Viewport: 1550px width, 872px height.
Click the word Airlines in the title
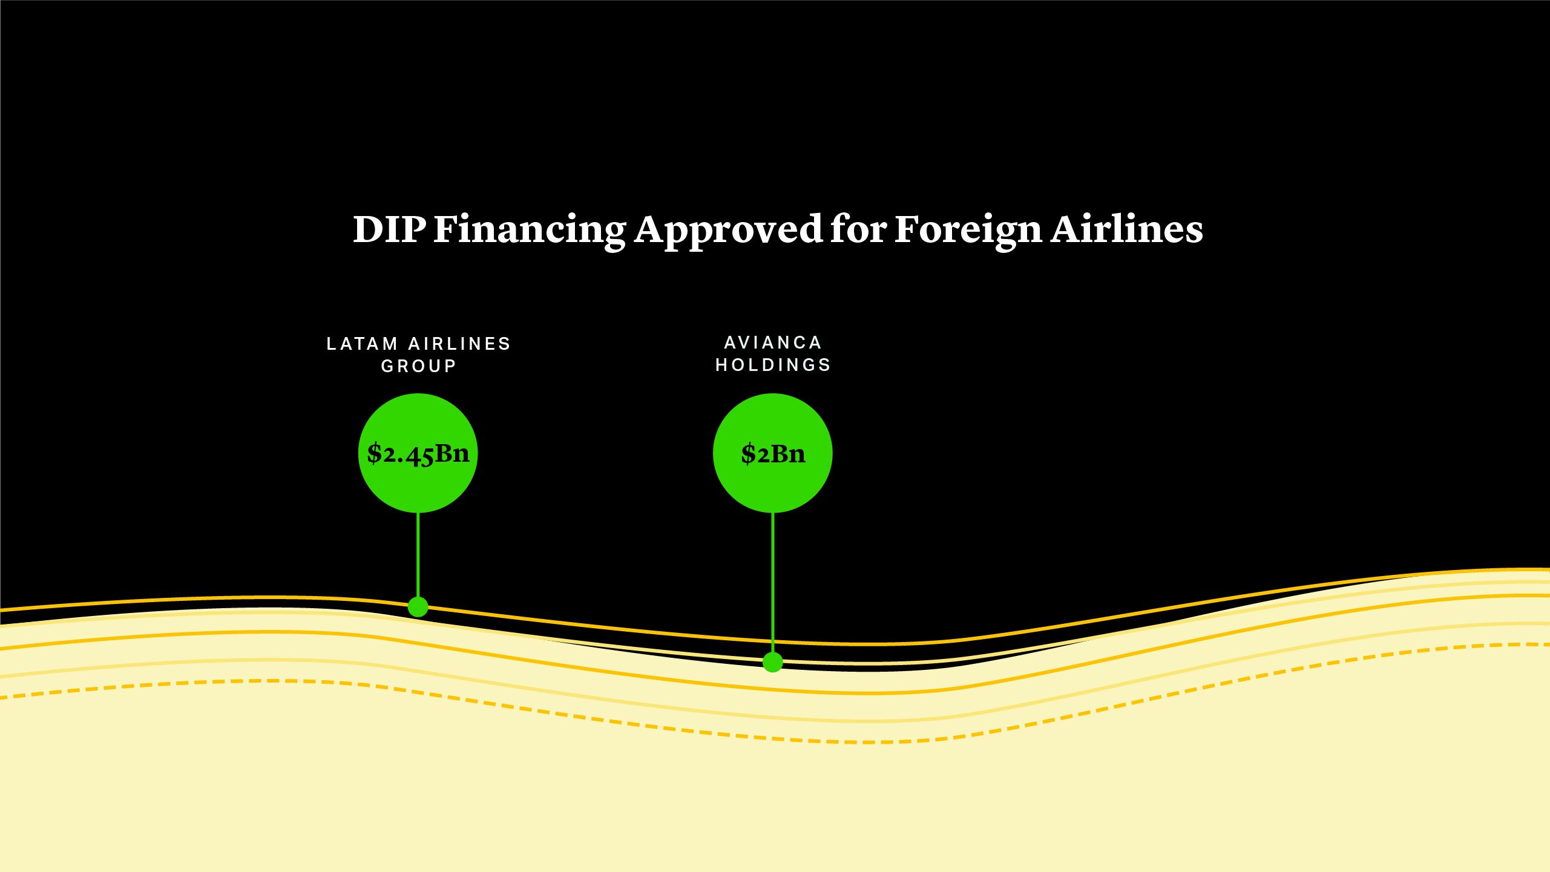[1126, 229]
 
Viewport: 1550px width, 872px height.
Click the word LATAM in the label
[362, 344]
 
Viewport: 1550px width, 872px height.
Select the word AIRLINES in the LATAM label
[460, 344]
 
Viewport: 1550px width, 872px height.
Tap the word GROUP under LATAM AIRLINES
[418, 366]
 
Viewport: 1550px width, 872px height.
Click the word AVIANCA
[773, 343]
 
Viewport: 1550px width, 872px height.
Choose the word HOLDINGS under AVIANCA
[773, 365]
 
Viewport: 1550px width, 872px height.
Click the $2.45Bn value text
[418, 453]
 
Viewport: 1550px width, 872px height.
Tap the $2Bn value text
[773, 453]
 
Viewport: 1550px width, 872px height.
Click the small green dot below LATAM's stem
[418, 606]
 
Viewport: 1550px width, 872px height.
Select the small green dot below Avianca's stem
[773, 662]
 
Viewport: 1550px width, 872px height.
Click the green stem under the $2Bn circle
[773, 581]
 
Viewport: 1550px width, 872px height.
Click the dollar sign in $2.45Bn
[374, 453]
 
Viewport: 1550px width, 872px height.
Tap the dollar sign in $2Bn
[748, 454]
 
